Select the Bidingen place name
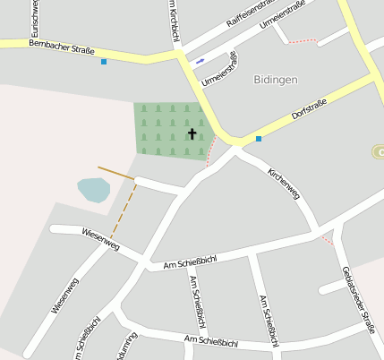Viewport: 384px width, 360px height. point(275,80)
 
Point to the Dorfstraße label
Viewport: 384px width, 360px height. point(310,109)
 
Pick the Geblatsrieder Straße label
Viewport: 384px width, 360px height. point(354,299)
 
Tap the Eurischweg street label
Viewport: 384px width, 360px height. point(33,18)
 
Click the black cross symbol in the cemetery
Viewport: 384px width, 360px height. point(192,134)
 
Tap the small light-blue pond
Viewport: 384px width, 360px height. point(93,190)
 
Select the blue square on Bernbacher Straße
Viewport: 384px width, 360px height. point(104,62)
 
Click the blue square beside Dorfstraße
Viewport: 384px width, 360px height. point(259,139)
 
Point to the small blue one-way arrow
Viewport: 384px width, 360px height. point(199,61)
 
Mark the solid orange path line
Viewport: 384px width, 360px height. point(115,173)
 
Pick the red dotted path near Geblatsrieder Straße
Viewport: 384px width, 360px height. point(328,239)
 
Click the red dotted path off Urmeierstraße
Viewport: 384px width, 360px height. point(303,40)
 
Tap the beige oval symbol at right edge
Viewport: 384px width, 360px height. point(378,151)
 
